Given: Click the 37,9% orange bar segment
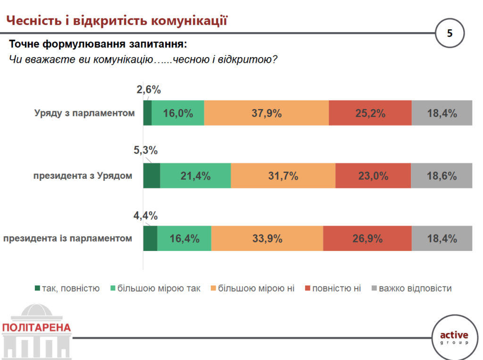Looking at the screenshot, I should coord(266,113).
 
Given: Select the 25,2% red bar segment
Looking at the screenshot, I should coord(370,113).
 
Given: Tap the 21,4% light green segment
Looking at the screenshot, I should coord(195,176).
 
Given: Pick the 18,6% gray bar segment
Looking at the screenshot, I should coord(441,176).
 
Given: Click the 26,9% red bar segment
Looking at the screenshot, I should coord(367,238).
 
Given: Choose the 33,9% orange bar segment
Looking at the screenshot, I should coord(267,238).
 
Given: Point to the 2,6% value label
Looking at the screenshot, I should coord(149,90).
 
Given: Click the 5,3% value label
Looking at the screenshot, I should coord(146,151).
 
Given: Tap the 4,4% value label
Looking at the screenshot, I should coord(146,216).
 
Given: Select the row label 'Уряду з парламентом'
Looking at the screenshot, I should coord(84,113).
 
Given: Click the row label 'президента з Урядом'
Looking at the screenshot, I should coord(83,176).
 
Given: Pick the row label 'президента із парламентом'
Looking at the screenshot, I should coord(68,238).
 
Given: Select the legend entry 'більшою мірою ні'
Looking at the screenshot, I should coord(256,288).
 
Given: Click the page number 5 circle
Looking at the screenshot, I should coord(450,33).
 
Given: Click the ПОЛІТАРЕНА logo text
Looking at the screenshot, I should coord(36,327).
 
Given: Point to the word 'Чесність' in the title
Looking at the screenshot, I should coord(33,21).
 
